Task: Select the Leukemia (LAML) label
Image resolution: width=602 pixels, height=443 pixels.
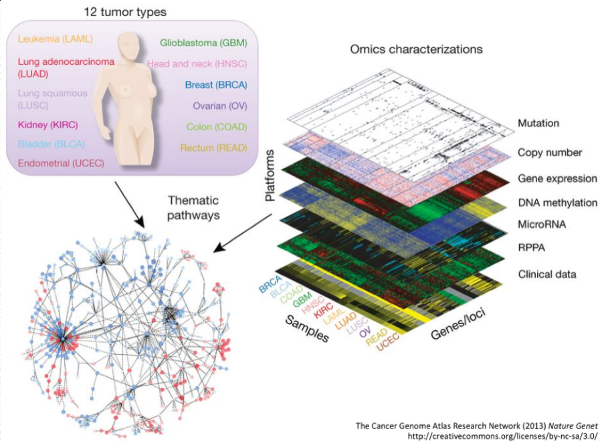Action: pos(55,39)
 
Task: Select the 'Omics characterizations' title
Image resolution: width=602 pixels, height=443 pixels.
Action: pos(416,49)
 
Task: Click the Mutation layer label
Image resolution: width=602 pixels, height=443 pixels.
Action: pos(538,124)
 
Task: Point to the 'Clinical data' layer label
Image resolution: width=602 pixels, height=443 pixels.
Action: pos(546,274)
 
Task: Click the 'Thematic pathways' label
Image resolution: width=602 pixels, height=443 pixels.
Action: pos(193,207)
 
